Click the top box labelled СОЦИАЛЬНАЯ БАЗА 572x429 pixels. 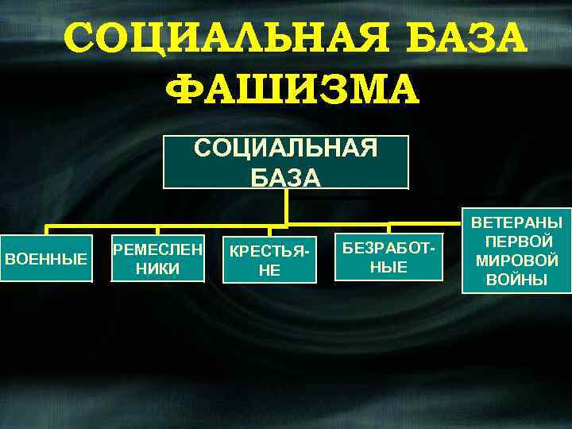coord(286,162)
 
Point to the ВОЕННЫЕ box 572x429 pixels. coord(46,258)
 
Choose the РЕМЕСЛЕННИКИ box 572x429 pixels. coord(158,258)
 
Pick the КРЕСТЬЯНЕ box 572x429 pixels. coord(270,259)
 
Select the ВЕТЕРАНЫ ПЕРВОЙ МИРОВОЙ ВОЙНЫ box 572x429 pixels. coord(516,251)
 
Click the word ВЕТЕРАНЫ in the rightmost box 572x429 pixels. coord(516,223)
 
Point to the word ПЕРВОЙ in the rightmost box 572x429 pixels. coord(516,242)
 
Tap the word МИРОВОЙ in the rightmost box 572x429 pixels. coord(516,261)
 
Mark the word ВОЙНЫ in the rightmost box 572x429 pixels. coord(516,279)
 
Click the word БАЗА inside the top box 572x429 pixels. coord(286,176)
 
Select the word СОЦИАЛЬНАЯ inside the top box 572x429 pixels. coord(286,150)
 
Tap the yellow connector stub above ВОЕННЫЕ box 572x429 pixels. coord(47,230)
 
